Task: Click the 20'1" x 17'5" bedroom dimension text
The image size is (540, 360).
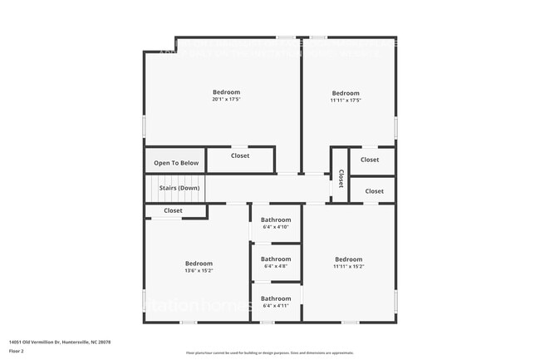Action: (x=226, y=100)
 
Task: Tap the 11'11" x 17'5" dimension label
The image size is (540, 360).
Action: (x=346, y=101)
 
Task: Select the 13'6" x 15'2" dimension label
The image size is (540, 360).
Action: (x=199, y=270)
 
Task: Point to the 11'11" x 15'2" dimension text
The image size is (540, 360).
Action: (x=348, y=267)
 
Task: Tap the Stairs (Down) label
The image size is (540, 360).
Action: (x=179, y=188)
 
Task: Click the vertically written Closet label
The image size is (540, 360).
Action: (x=340, y=180)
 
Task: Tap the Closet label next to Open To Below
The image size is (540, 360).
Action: (x=240, y=155)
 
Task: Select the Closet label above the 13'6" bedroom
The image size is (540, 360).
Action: (x=173, y=211)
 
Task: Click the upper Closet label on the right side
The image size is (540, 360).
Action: (x=370, y=160)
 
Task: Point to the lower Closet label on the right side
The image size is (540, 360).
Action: (x=375, y=191)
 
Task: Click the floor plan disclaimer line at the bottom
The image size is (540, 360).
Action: (x=270, y=353)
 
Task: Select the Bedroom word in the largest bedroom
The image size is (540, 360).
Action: (x=226, y=91)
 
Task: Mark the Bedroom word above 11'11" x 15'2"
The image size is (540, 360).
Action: (x=348, y=259)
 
